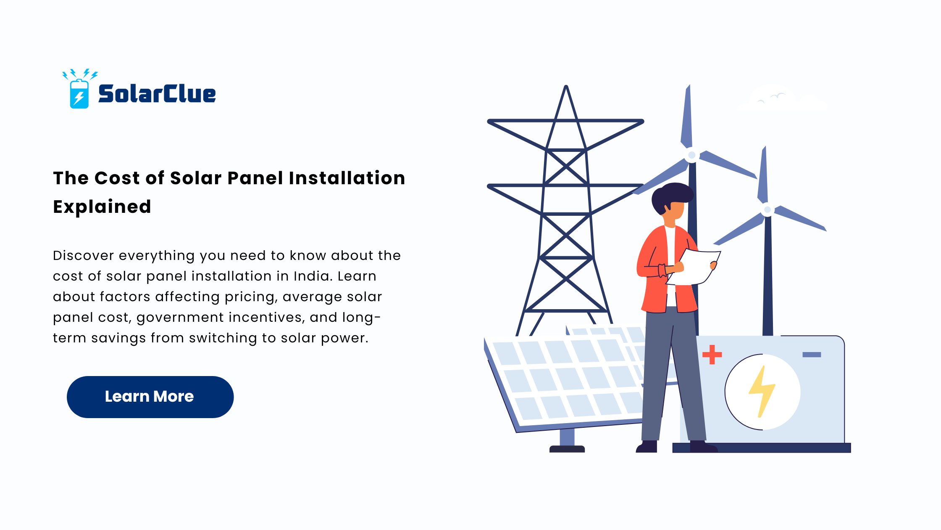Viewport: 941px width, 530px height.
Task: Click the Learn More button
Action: pyautogui.click(x=150, y=397)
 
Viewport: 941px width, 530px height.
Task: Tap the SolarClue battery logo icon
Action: pyautogui.click(x=79, y=89)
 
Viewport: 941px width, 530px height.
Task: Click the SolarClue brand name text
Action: pyautogui.click(x=157, y=93)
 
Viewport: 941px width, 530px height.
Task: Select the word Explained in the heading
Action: pyautogui.click(x=102, y=207)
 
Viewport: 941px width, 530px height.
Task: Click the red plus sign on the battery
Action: pyautogui.click(x=712, y=354)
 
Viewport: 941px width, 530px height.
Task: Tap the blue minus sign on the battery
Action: pyautogui.click(x=812, y=355)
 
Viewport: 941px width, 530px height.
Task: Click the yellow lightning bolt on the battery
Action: pyautogui.click(x=762, y=392)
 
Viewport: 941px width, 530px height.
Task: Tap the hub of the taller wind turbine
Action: pyautogui.click(x=691, y=155)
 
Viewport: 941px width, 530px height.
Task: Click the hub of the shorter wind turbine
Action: pyautogui.click(x=768, y=209)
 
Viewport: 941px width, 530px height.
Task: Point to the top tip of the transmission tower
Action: pyautogui.click(x=566, y=86)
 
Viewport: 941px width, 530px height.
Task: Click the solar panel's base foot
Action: pyautogui.click(x=567, y=449)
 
